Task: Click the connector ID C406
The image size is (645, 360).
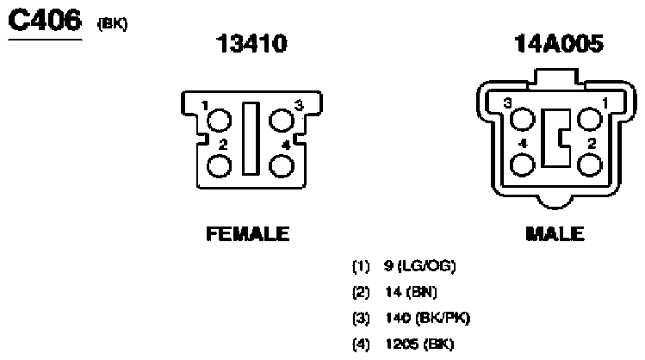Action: (45, 20)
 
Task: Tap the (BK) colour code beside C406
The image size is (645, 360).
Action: (112, 24)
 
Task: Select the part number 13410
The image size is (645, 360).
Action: (251, 43)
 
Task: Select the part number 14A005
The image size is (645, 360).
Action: (559, 43)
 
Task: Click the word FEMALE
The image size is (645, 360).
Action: (248, 233)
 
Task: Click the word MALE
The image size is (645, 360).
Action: (555, 233)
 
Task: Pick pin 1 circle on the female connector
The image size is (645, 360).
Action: (219, 121)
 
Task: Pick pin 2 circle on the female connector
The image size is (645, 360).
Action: (219, 166)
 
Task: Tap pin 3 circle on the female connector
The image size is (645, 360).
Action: (282, 121)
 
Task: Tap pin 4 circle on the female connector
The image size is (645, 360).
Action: (282, 166)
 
